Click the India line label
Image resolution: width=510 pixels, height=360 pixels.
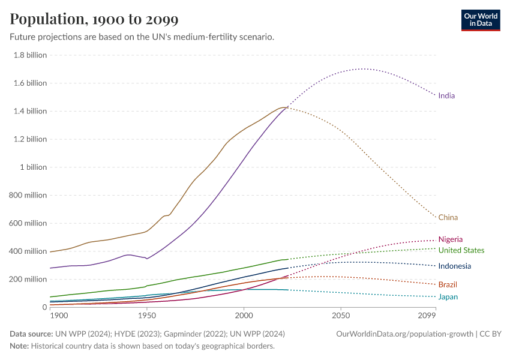[x=446, y=95]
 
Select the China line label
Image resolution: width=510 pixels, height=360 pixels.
[x=448, y=217]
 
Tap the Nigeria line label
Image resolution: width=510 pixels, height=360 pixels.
[x=451, y=239]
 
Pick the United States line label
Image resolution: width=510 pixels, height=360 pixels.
[x=461, y=250]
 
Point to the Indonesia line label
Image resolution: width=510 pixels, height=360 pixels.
[x=455, y=266]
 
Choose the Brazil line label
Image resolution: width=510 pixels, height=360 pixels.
[x=448, y=284]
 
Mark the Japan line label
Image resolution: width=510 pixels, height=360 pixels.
[x=448, y=296]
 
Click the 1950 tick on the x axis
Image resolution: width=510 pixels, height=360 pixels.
[x=146, y=315]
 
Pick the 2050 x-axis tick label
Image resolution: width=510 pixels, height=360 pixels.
[x=341, y=315]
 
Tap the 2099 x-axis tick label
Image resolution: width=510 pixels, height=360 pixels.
[x=427, y=315]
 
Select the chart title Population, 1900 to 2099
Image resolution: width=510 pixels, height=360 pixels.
[x=94, y=19]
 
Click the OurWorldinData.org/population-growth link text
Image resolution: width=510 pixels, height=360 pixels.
[x=405, y=334]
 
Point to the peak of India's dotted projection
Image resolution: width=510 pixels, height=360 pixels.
[x=362, y=68]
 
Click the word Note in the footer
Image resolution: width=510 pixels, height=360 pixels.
[x=19, y=346]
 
